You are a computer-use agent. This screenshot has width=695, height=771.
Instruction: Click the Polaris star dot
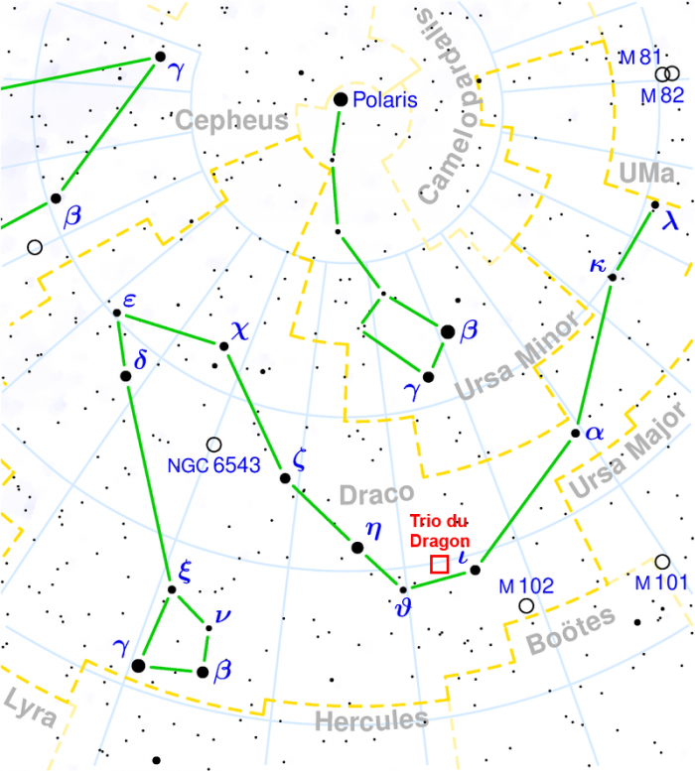pyautogui.click(x=341, y=99)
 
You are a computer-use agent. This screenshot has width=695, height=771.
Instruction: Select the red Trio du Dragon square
pyautogui.click(x=438, y=564)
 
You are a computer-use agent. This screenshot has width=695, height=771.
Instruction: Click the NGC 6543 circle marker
pyautogui.click(x=212, y=445)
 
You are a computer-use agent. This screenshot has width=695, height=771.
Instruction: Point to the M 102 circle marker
pyautogui.click(x=525, y=605)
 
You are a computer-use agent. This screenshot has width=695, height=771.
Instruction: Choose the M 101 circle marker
pyautogui.click(x=662, y=562)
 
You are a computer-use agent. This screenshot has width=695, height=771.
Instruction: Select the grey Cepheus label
pyautogui.click(x=231, y=121)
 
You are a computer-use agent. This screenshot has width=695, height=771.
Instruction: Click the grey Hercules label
pyautogui.click(x=370, y=718)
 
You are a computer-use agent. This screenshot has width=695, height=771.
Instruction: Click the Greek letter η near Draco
pyautogui.click(x=373, y=528)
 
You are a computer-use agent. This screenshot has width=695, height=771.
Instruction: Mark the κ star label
pyautogui.click(x=597, y=265)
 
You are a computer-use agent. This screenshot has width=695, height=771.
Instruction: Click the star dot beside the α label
pyautogui.click(x=576, y=433)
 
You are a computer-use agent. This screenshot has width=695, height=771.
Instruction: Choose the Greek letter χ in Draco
pyautogui.click(x=241, y=328)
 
